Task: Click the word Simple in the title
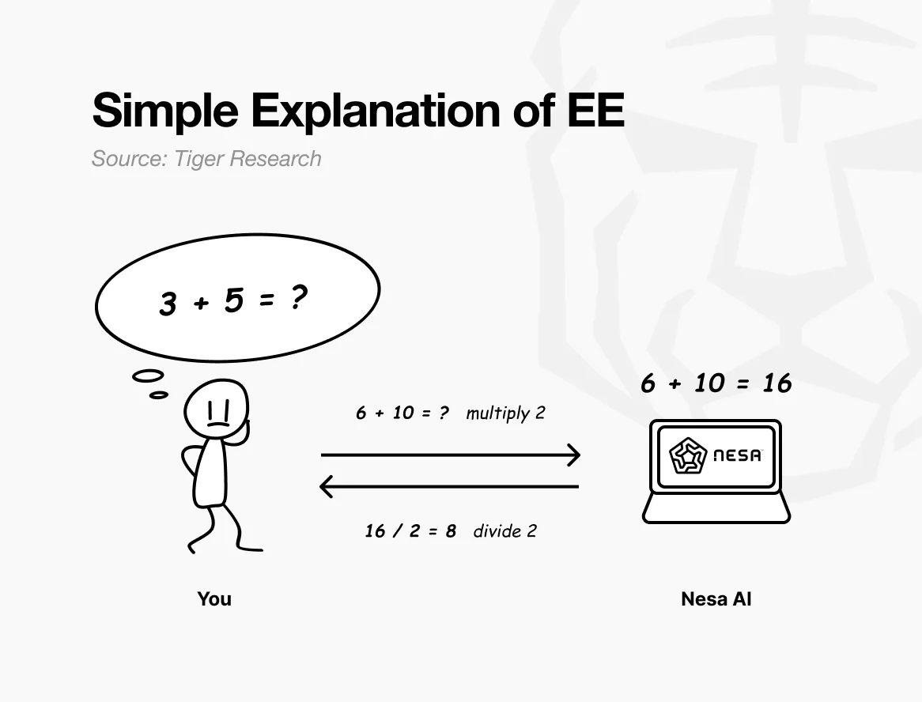pos(165,111)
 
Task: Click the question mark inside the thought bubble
pos(298,297)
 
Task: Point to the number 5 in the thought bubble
pos(233,300)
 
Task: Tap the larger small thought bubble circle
pos(148,376)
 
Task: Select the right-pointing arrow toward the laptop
pos(451,455)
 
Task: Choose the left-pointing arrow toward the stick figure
pos(449,487)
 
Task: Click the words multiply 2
pos(506,413)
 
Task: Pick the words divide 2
pos(505,531)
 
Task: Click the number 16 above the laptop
pos(777,383)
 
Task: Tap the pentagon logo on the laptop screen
pos(688,456)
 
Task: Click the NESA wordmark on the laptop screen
pos(738,455)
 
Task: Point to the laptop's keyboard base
pos(716,508)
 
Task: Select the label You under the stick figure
pos(214,599)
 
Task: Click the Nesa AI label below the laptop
pos(716,599)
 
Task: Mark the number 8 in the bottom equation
pos(451,531)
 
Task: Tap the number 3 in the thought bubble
pos(168,304)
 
